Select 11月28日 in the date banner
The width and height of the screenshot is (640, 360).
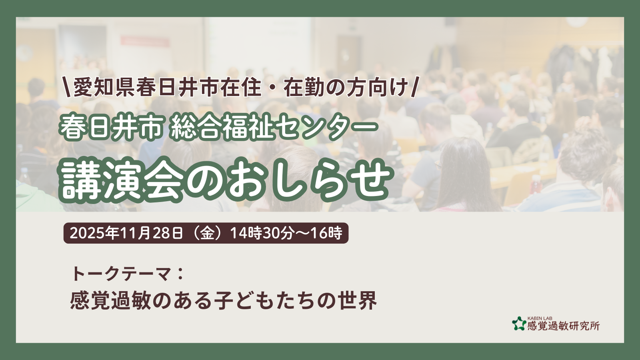coord(151,234)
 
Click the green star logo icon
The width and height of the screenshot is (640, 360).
coord(519,324)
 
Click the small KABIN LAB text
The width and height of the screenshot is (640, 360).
coord(540,318)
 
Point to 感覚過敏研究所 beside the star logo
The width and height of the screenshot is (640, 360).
coord(564,326)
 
